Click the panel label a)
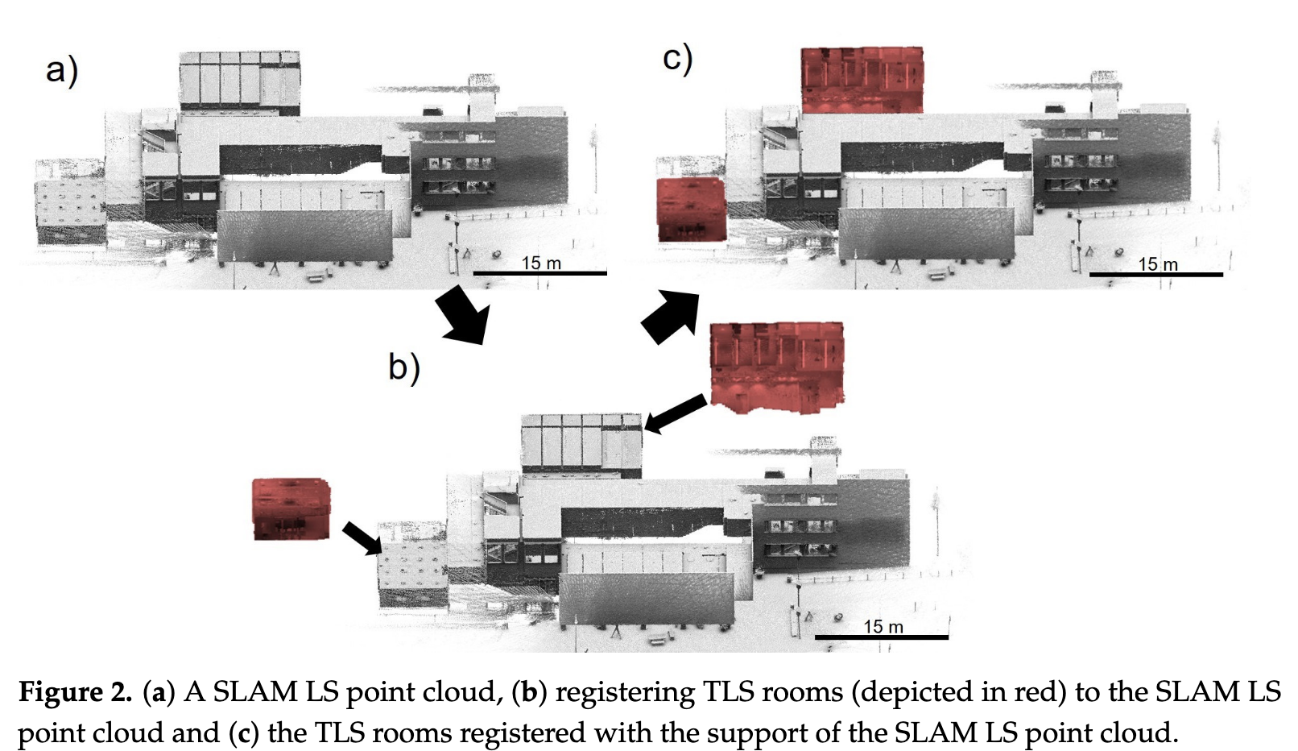coord(61,69)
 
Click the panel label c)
coord(677,59)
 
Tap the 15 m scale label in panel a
coord(541,263)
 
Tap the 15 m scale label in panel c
coord(1157,263)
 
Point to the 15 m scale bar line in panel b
coord(881,637)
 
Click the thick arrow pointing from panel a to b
coord(463,315)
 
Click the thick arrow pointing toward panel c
coord(670,317)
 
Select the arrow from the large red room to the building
coord(676,413)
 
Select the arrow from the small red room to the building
coord(362,538)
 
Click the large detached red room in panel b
coord(776,367)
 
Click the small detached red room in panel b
coord(291,509)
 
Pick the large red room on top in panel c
coord(862,80)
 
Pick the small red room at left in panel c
coord(691,210)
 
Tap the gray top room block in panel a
coord(239,81)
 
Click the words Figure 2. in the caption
coord(75,692)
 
